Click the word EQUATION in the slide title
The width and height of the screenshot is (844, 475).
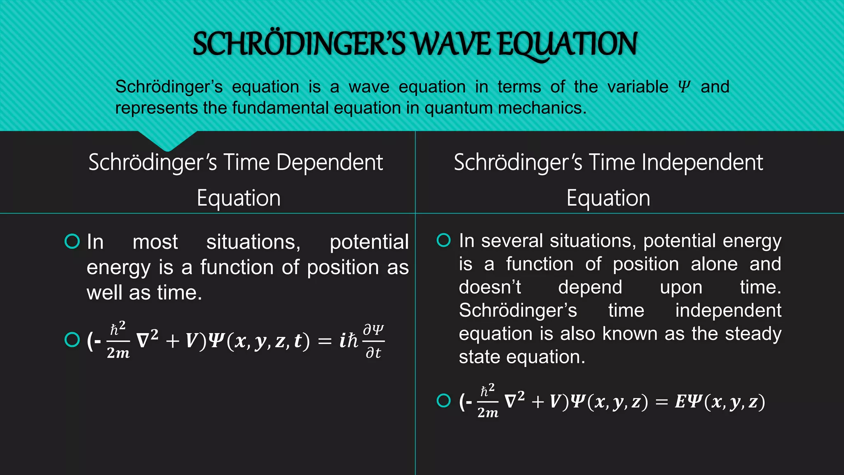pos(567,45)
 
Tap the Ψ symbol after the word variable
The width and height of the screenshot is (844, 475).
pos(684,87)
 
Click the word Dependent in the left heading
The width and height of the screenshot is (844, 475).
pos(330,162)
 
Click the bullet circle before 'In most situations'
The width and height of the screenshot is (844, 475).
pos(72,241)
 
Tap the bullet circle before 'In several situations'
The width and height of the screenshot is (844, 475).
pos(443,240)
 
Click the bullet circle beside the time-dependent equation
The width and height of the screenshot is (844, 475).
pos(72,340)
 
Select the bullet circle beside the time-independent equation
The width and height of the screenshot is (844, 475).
pos(443,400)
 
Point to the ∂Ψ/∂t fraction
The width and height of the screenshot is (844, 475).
pos(373,341)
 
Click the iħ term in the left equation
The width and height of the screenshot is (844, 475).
pos(348,341)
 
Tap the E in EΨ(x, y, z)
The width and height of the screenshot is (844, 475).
pos(680,401)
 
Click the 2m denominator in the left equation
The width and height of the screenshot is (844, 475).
pos(118,353)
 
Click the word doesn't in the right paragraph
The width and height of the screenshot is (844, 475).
pos(490,287)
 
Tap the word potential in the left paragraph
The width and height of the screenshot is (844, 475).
pos(369,242)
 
